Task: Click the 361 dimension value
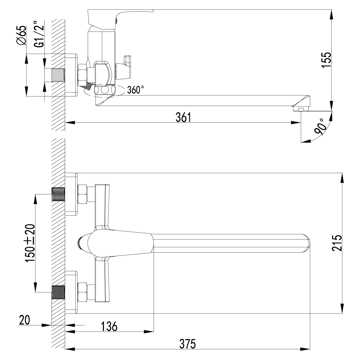tap(183, 117)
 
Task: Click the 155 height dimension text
tap(326, 61)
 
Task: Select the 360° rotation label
tap(135, 90)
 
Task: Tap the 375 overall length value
tap(188, 343)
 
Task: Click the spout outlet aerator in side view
tap(300, 108)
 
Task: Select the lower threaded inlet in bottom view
tap(59, 292)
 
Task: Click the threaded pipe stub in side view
tap(58, 75)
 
